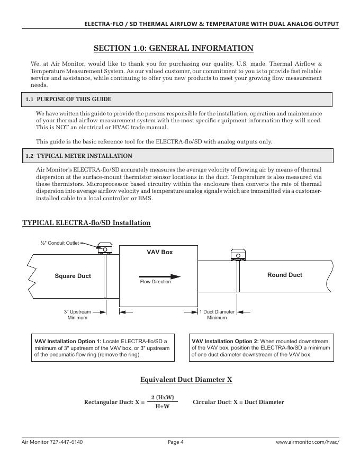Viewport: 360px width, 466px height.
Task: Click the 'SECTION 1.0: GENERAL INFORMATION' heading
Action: pyautogui.click(x=173, y=49)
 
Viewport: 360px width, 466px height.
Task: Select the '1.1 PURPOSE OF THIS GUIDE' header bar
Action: pyautogui.click(x=177, y=100)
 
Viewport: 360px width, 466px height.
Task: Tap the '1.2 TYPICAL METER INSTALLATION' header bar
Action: pyautogui.click(x=177, y=156)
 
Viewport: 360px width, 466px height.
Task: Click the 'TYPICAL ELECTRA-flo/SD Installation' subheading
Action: pyautogui.click(x=86, y=223)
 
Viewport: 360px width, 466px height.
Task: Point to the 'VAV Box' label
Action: pyautogui.click(x=159, y=252)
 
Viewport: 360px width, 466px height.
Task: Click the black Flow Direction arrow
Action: pyautogui.click(x=160, y=276)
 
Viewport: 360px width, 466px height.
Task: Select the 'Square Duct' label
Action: pyautogui.click(x=73, y=276)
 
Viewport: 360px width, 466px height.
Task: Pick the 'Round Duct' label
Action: pyautogui.click(x=284, y=275)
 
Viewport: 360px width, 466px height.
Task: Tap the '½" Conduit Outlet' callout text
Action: pyautogui.click(x=60, y=243)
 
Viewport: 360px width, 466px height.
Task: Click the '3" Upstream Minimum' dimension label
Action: pyautogui.click(x=77, y=315)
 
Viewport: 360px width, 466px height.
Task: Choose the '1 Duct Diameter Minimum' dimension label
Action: pyautogui.click(x=217, y=315)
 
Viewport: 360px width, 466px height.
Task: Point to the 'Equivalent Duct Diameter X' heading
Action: pyautogui.click(x=186, y=380)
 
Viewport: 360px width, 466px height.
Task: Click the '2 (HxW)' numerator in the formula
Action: pyautogui.click(x=162, y=397)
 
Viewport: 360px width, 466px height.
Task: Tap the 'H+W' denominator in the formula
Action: pyautogui.click(x=162, y=407)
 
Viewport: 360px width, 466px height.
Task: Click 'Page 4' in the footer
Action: pyautogui.click(x=175, y=442)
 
